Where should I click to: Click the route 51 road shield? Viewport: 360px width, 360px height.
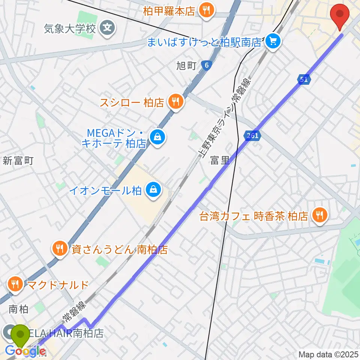(304, 79)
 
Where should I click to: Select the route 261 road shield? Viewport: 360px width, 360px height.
(253, 136)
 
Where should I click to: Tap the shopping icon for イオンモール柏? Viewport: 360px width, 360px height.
(154, 190)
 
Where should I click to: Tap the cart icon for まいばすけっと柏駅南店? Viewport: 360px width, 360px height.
(273, 41)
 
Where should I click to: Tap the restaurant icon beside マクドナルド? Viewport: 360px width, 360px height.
(15, 284)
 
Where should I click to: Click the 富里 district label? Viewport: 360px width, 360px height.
(219, 161)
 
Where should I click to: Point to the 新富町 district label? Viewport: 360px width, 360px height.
(18, 161)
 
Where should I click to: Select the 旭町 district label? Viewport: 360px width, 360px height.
(186, 66)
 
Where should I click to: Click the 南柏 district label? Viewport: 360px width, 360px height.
(18, 309)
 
